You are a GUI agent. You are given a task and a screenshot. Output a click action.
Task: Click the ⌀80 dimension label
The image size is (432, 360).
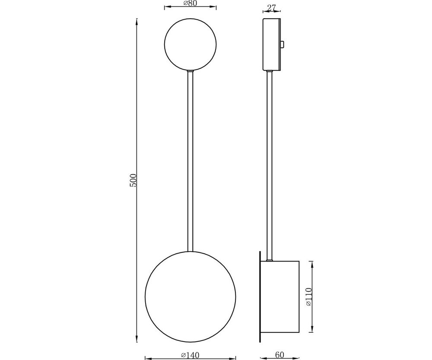point(190,3)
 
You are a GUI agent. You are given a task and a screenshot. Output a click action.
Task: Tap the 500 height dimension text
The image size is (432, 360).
point(133,180)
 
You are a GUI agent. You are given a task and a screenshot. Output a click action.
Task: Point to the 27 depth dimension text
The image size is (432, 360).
point(271,8)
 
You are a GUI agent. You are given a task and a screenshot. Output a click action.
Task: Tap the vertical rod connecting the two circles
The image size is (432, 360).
point(190,160)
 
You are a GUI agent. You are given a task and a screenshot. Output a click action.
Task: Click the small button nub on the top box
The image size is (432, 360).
point(282,44)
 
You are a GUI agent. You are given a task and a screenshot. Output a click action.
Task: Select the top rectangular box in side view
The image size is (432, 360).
point(271,45)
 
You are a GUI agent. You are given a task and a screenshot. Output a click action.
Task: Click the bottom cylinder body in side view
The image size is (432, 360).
point(280,296)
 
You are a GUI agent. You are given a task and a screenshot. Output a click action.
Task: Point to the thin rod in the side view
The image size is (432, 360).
point(270,164)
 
